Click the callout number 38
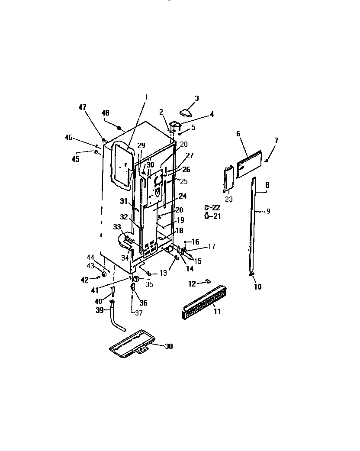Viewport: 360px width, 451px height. click(x=168, y=346)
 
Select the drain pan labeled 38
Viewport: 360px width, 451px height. click(x=130, y=344)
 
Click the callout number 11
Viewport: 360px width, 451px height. click(x=217, y=312)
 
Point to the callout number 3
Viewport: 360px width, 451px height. click(x=196, y=98)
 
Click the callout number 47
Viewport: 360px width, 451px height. click(x=83, y=107)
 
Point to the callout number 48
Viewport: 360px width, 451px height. click(x=105, y=113)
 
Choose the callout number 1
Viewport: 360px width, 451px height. click(x=146, y=97)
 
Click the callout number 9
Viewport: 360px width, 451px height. click(x=268, y=211)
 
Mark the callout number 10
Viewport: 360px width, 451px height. click(x=257, y=287)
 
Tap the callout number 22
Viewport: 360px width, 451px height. click(x=216, y=208)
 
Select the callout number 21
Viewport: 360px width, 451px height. click(x=216, y=216)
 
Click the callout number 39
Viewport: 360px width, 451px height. click(x=100, y=310)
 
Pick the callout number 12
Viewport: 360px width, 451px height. click(x=192, y=283)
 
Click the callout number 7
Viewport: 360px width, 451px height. click(x=276, y=141)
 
